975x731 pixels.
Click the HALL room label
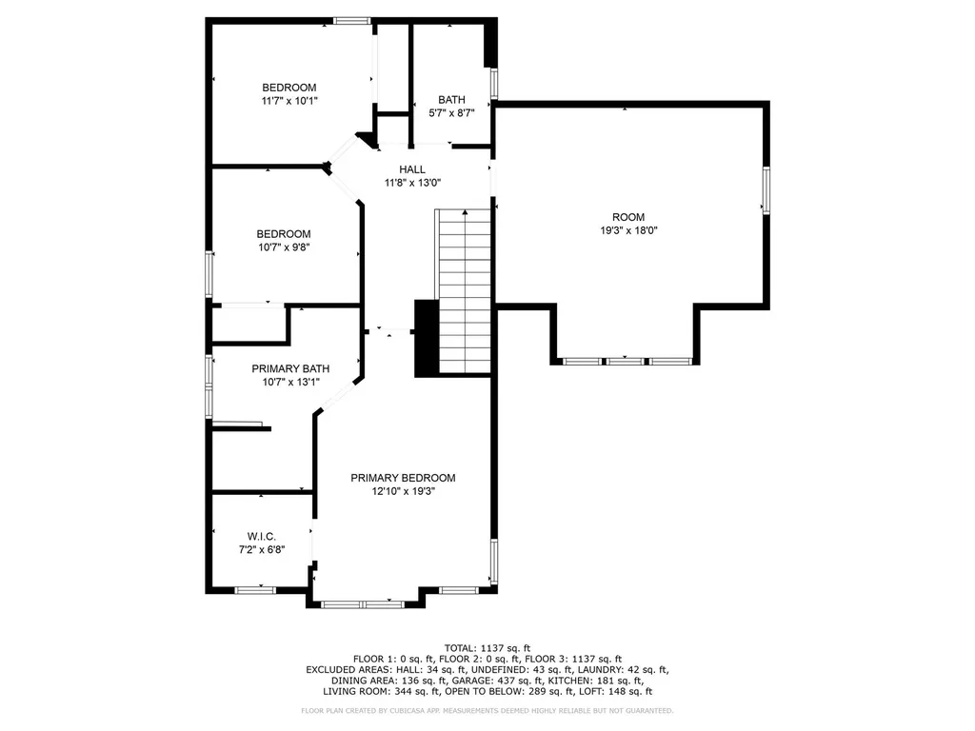412,169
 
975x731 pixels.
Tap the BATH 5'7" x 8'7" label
451,107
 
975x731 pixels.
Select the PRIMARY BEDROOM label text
403,478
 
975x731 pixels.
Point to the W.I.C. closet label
261,537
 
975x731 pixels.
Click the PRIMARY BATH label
290,368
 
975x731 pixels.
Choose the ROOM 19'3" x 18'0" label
628,224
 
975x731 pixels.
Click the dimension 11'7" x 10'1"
289,101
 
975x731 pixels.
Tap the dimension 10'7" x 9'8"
284,247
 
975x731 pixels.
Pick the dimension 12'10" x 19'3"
403,492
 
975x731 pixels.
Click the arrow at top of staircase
465,213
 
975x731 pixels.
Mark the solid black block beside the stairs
427,338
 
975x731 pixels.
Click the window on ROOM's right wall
766,190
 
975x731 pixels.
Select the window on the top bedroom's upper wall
352,21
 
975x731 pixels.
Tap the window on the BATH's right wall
494,84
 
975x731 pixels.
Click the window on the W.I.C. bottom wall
255,590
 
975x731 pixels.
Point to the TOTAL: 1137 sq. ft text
487,648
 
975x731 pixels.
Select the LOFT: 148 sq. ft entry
616,691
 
